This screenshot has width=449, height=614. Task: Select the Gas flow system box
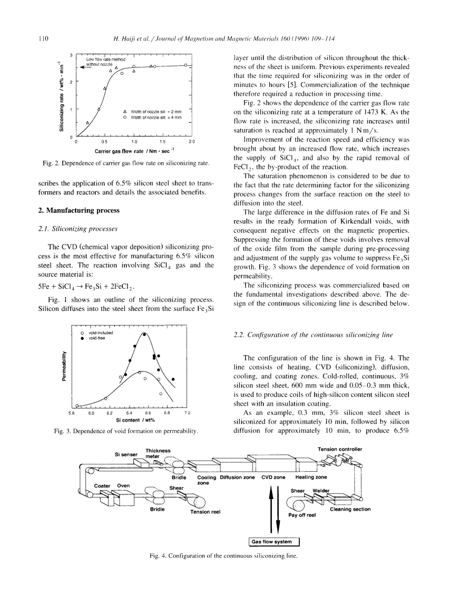click(x=273, y=541)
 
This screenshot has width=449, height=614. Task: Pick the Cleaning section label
click(x=350, y=509)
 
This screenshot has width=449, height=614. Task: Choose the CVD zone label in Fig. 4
click(x=273, y=477)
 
